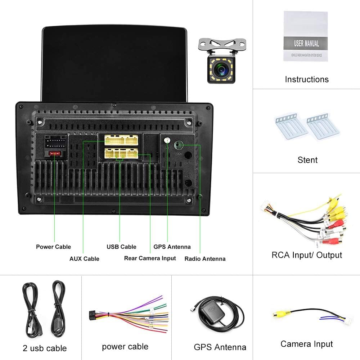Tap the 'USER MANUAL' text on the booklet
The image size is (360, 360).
point(306,44)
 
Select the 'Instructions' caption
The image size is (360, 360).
point(307,79)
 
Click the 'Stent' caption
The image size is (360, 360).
point(307,160)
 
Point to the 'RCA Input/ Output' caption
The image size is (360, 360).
point(307,255)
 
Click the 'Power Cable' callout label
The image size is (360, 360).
point(53,247)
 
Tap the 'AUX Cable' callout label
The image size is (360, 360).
point(84,258)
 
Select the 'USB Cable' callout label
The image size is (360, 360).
point(121,247)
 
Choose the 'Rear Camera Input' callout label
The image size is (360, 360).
point(150,258)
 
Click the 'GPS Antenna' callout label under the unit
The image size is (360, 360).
point(172,247)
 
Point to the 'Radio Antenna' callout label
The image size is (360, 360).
point(205,258)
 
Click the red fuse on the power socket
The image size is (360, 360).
point(55,154)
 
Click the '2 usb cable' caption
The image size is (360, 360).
point(45,348)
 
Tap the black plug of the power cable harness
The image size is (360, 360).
point(92,316)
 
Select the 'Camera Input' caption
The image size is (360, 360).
point(307,344)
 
